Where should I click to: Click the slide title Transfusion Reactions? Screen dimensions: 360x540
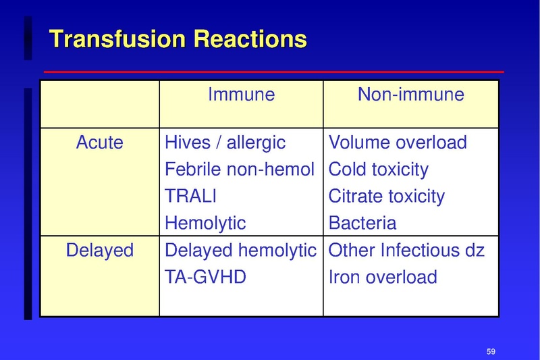[x=178, y=38]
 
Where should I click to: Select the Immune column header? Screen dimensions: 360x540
[x=241, y=94]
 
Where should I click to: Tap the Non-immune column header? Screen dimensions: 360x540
[x=410, y=94]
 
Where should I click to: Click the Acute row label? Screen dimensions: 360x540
[x=100, y=143]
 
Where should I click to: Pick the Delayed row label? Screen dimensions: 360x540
[x=100, y=250]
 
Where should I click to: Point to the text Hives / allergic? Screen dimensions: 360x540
[x=225, y=143]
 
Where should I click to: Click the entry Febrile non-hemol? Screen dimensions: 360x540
[x=240, y=170]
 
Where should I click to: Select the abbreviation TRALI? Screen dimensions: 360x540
[x=191, y=196]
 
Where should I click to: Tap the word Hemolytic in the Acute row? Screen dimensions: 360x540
[x=205, y=223]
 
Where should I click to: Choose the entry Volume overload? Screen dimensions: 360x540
[x=398, y=143]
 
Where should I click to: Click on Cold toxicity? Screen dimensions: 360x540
[x=378, y=170]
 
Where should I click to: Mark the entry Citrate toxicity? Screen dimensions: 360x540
[x=386, y=196]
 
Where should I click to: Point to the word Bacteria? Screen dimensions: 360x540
[x=362, y=223]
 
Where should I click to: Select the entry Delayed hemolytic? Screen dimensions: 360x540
[x=240, y=250]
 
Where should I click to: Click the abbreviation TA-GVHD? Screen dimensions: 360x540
[x=206, y=276]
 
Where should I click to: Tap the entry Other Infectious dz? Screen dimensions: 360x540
[x=406, y=250]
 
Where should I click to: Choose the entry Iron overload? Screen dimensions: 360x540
[x=382, y=276]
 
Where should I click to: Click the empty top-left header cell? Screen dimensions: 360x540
[x=100, y=103]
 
